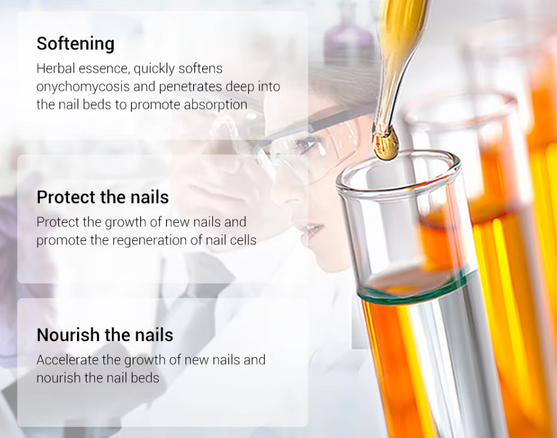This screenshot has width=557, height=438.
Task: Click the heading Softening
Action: coord(75,44)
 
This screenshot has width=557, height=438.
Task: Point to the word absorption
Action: coord(215,105)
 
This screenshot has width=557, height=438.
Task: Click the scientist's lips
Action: coord(313,230)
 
